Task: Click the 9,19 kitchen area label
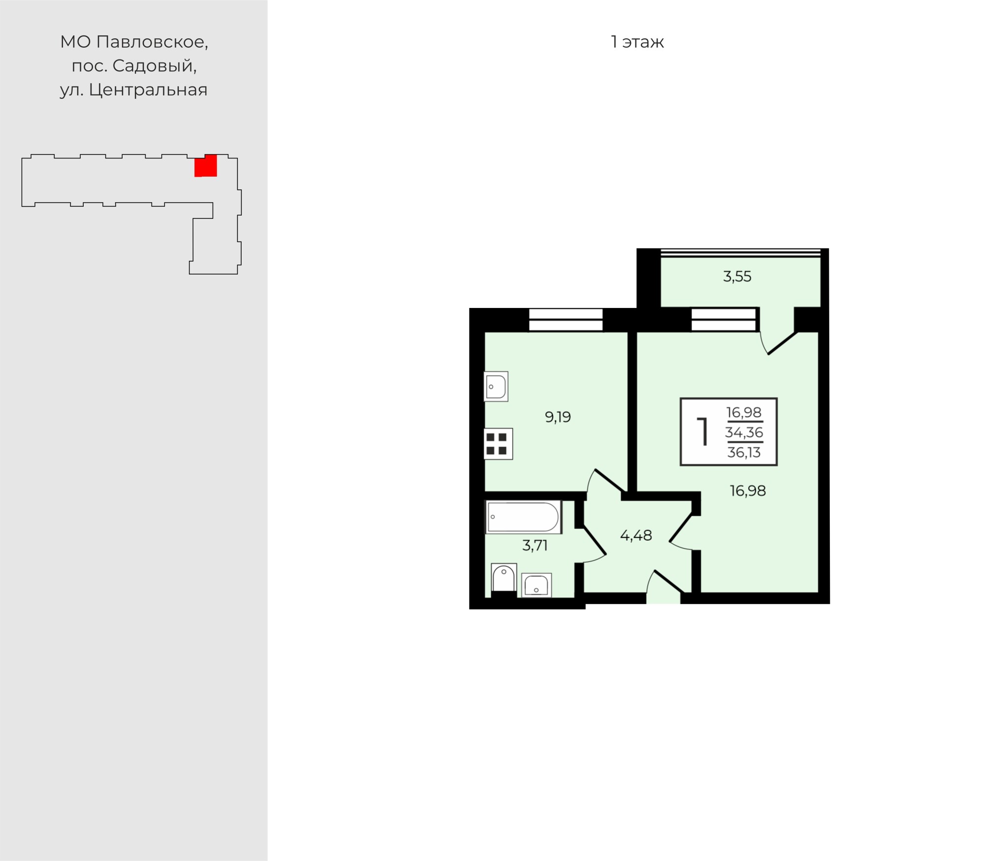click(x=558, y=417)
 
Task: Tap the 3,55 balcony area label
click(x=737, y=277)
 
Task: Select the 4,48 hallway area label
click(x=636, y=535)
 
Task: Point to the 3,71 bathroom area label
click(x=535, y=545)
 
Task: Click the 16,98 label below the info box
click(x=748, y=491)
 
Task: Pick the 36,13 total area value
click(x=744, y=452)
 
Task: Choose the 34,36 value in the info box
click(x=744, y=432)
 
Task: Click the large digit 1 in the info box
click(x=703, y=431)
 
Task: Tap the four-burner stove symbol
click(x=499, y=444)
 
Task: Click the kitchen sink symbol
click(x=496, y=387)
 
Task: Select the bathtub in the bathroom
click(x=523, y=517)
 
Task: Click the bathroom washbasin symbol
click(x=536, y=585)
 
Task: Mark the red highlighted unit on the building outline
click(x=206, y=166)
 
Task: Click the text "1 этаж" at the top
click(x=637, y=42)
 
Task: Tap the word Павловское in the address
click(x=152, y=42)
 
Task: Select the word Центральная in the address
click(x=148, y=90)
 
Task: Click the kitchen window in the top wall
click(x=566, y=320)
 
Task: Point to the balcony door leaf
click(x=782, y=343)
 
